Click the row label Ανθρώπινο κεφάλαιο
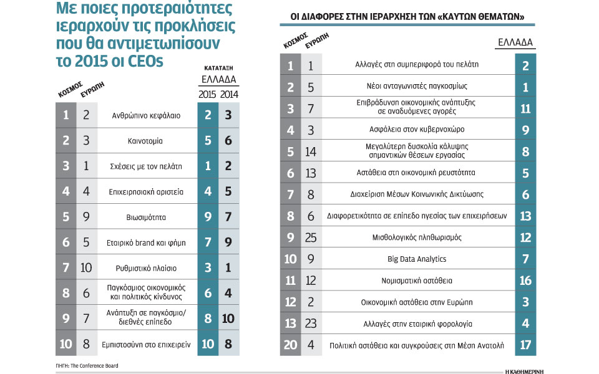[x=146, y=116]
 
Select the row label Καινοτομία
[x=145, y=141]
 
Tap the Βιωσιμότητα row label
[x=146, y=218]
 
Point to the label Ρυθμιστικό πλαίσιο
[x=146, y=268]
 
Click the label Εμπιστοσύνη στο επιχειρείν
[x=146, y=345]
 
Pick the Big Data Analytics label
[x=417, y=259]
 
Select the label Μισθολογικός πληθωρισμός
[x=417, y=237]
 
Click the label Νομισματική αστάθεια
[x=417, y=281]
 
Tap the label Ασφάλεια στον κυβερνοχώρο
[x=417, y=130]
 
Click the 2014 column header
[x=229, y=94]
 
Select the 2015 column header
[x=207, y=94]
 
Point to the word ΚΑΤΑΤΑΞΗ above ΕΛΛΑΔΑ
[x=218, y=69]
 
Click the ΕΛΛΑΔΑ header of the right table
[x=515, y=42]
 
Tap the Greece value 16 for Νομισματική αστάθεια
[x=525, y=281]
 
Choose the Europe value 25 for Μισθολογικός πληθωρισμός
[x=311, y=237]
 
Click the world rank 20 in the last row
[x=290, y=345]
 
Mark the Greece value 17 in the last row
[x=525, y=345]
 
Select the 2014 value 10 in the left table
[x=228, y=319]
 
